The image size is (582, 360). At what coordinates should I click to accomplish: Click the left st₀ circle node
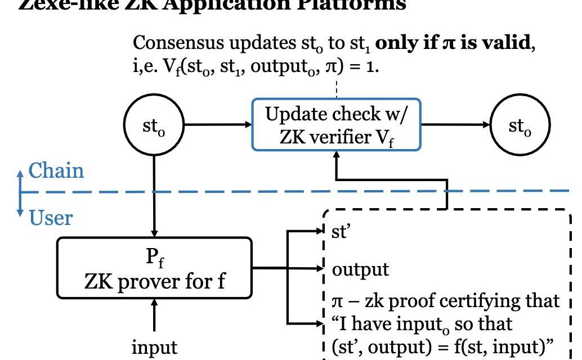[154, 126]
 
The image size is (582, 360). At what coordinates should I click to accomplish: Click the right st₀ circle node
[521, 126]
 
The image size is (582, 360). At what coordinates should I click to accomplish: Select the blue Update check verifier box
[336, 125]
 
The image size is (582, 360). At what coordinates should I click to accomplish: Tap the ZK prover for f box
[154, 268]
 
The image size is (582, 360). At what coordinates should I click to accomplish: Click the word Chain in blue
[56, 170]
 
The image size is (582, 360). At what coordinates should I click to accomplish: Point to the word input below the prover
[154, 347]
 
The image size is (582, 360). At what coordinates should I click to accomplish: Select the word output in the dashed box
[360, 269]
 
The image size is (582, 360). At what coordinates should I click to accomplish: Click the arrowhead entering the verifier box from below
[336, 158]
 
